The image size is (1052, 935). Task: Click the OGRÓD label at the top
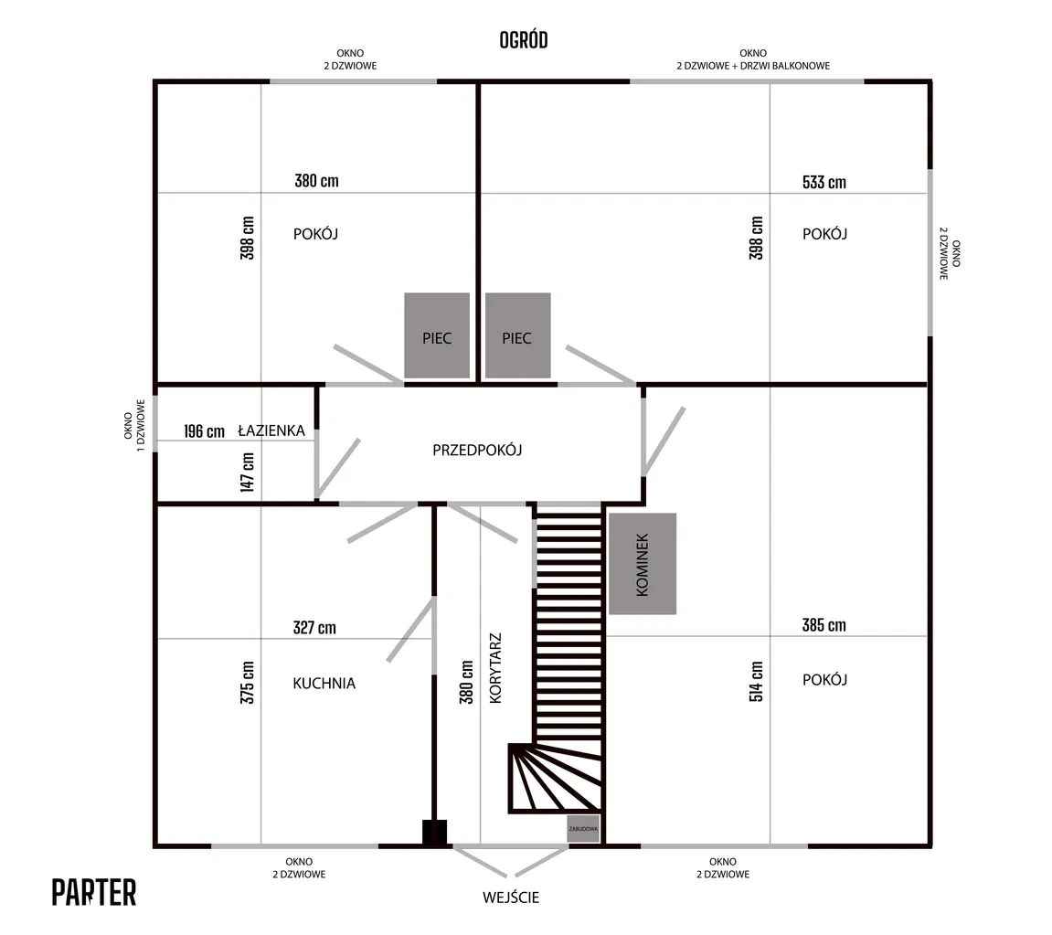[523, 40]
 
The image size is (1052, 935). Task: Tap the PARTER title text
[94, 892]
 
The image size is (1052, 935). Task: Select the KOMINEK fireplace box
[643, 564]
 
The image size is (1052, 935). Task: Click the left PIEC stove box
[437, 335]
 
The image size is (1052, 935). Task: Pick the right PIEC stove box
[517, 335]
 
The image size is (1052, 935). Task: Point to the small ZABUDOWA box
[583, 828]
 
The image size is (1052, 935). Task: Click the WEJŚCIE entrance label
[511, 898]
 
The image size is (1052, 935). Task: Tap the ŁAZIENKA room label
[271, 430]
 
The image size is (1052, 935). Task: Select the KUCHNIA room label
[324, 683]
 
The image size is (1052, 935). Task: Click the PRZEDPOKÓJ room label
[477, 450]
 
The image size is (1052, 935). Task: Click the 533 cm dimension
[824, 182]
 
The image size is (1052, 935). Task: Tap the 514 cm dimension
[757, 681]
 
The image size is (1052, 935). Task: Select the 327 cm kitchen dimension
[314, 627]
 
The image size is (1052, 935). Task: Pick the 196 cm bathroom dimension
[204, 431]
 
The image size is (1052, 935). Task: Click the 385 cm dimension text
[824, 625]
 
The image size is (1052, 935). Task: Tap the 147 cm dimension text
[248, 472]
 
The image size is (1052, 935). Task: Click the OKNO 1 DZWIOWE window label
[134, 420]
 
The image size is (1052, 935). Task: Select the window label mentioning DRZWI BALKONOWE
[753, 59]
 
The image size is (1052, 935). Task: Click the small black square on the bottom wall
[434, 832]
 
